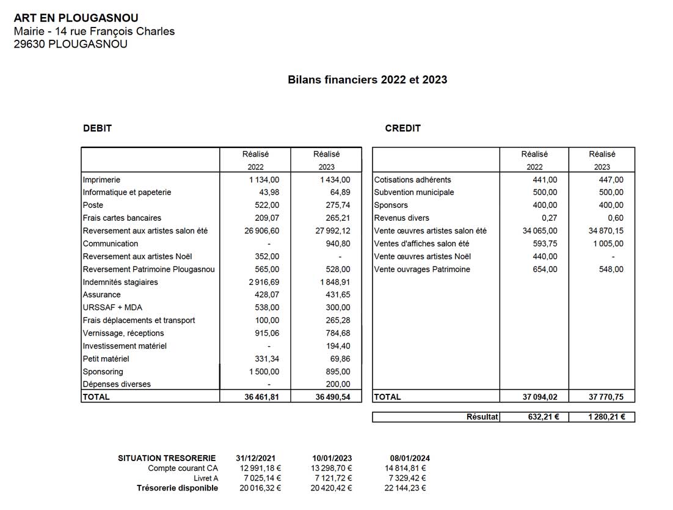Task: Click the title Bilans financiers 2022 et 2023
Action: pyautogui.click(x=367, y=79)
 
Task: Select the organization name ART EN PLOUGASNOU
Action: pyautogui.click(x=76, y=18)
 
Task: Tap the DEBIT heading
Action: pyautogui.click(x=97, y=128)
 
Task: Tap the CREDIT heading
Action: pyautogui.click(x=402, y=128)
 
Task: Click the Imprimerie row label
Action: pyautogui.click(x=101, y=180)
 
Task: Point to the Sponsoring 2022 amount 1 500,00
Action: pyautogui.click(x=264, y=372)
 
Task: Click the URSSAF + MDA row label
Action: pyautogui.click(x=112, y=308)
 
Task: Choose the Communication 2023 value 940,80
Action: pyautogui.click(x=338, y=244)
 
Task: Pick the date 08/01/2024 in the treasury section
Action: pyautogui.click(x=409, y=458)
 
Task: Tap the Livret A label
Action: pyautogui.click(x=206, y=478)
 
